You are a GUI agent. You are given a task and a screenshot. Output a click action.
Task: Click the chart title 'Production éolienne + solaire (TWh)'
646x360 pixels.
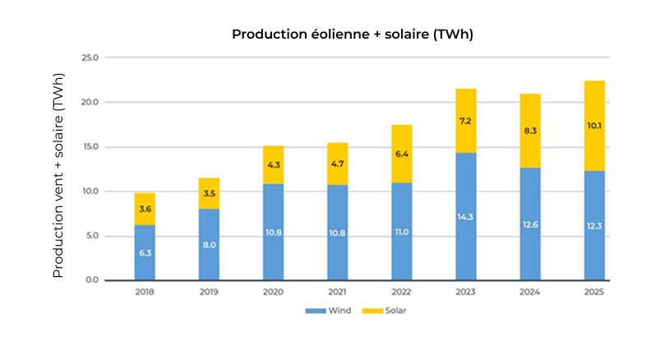point(353,35)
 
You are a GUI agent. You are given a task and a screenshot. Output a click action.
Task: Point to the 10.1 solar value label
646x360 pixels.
point(594,126)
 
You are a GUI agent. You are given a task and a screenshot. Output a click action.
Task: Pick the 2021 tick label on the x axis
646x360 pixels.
point(337,293)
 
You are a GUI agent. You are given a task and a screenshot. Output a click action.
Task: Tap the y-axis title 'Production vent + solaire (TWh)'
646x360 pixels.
point(58,185)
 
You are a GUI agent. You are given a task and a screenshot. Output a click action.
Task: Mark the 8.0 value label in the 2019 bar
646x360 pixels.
point(209,244)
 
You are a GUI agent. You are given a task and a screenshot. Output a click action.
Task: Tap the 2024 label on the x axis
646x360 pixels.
point(530,293)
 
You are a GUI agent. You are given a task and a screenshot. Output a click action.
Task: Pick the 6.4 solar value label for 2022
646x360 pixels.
point(401,154)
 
